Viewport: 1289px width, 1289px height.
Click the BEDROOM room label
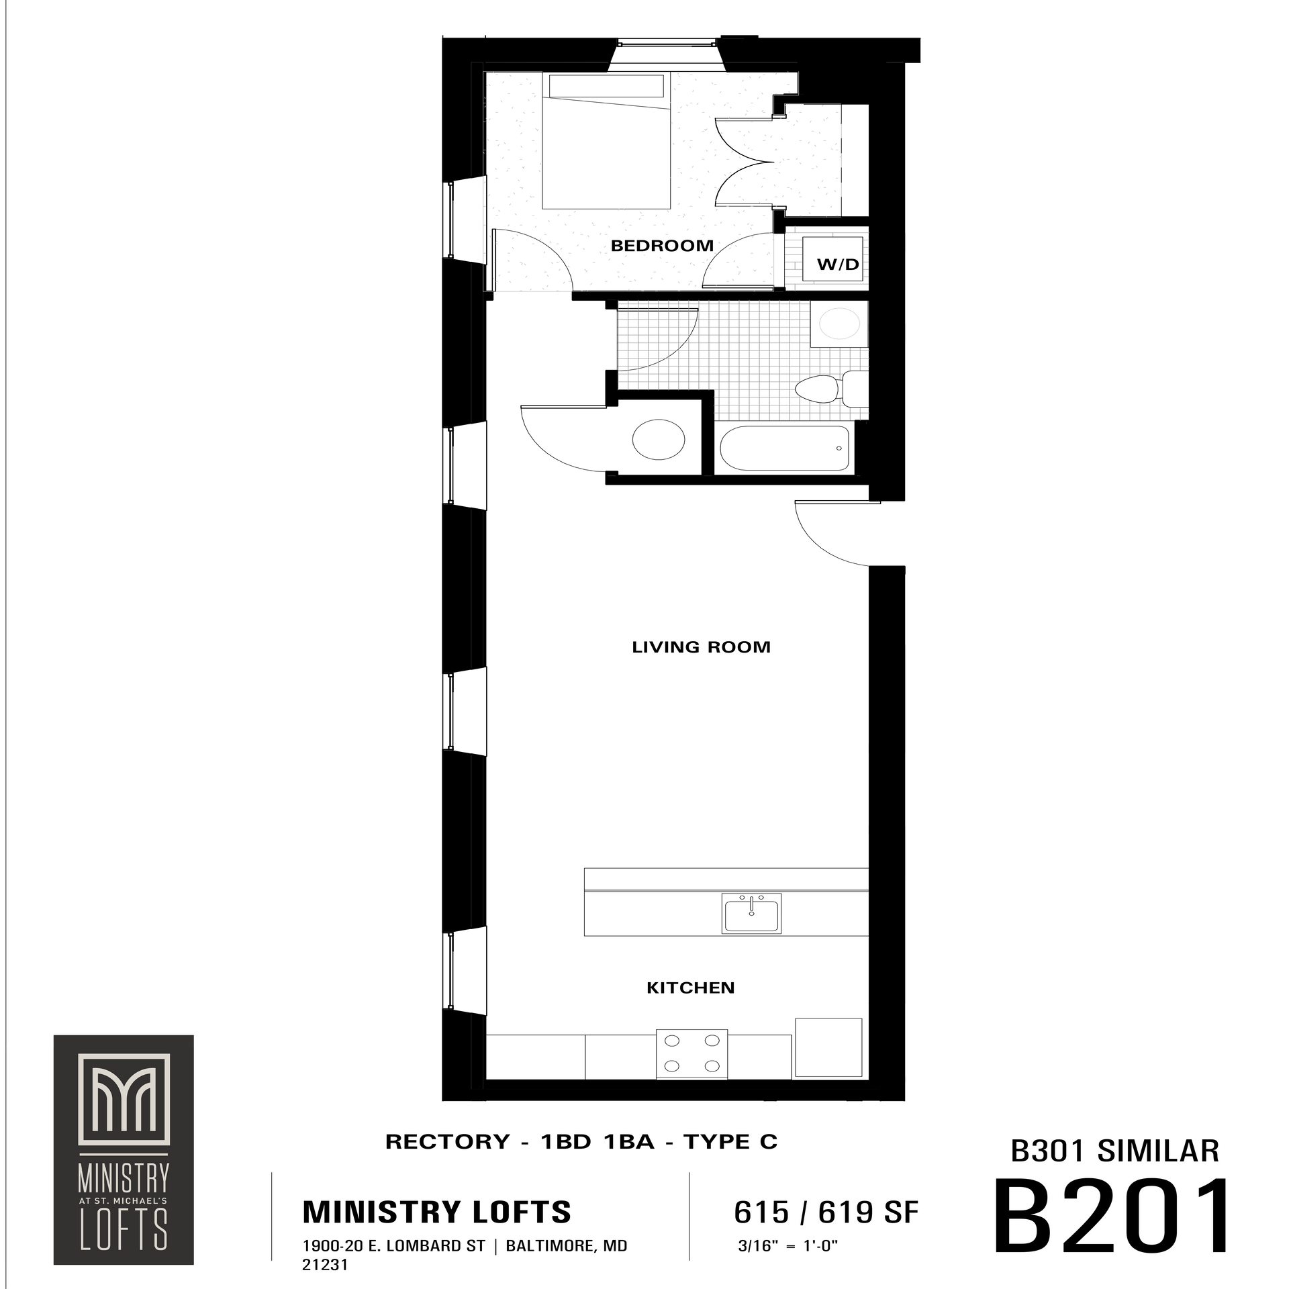[x=661, y=246]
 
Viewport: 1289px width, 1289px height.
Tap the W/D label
[x=838, y=265]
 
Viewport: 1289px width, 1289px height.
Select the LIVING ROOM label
[x=701, y=647]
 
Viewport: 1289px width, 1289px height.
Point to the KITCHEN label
[x=690, y=988]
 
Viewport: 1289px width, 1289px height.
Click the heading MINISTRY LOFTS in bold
[x=437, y=1212]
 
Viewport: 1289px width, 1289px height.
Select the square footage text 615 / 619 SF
[x=826, y=1212]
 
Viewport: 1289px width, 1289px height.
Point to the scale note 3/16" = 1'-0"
[x=787, y=1247]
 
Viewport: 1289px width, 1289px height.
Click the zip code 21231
[x=325, y=1266]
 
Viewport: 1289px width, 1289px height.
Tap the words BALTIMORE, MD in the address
[x=567, y=1247]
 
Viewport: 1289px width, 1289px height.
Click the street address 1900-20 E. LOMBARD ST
[x=394, y=1247]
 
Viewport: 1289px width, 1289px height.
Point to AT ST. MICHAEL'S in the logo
[x=124, y=1200]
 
